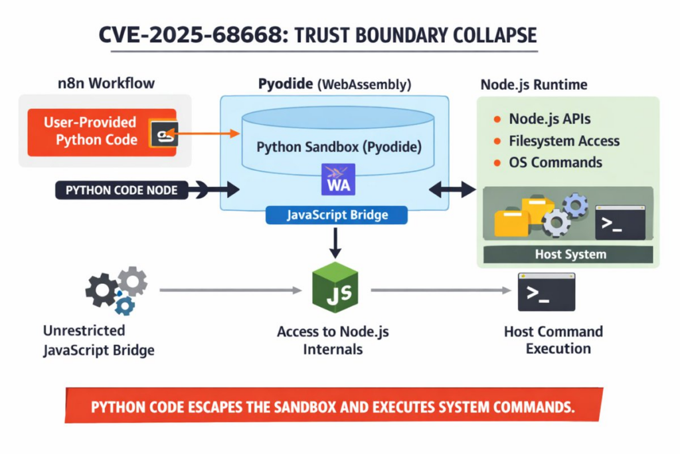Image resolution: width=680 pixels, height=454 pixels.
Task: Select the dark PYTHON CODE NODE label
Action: click(122, 190)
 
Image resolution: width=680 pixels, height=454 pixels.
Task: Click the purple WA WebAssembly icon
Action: click(339, 179)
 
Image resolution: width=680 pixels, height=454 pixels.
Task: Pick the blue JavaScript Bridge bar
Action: click(337, 215)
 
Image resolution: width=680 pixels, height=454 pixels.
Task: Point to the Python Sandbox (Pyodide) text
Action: click(339, 146)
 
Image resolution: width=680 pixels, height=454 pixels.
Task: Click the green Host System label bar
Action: click(570, 255)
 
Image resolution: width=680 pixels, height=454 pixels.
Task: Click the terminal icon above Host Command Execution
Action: click(546, 292)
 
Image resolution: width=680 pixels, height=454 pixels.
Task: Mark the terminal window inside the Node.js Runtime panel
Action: click(620, 222)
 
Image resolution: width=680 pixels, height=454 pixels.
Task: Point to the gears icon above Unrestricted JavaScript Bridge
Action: click(116, 290)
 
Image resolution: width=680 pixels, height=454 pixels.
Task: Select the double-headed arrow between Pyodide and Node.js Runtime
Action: click(453, 190)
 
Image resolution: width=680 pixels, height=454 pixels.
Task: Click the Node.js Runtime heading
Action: click(533, 85)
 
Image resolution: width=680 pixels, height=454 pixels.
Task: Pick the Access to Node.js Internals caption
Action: click(333, 340)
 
